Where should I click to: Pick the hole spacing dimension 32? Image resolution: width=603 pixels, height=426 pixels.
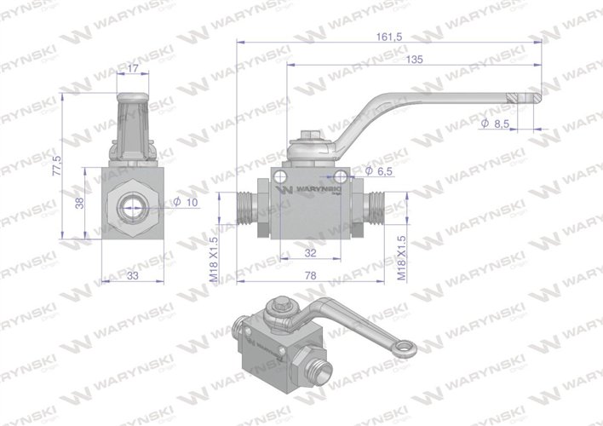pyautogui.click(x=312, y=252)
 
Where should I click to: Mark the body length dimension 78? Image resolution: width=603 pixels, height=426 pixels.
pyautogui.click(x=312, y=274)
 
